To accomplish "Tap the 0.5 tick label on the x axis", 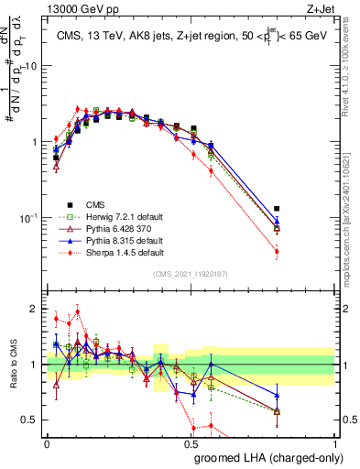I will point(191,444).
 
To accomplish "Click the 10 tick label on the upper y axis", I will point(31,67).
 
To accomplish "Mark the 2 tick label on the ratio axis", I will point(34,309).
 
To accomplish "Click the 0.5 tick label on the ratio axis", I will point(31,420).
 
